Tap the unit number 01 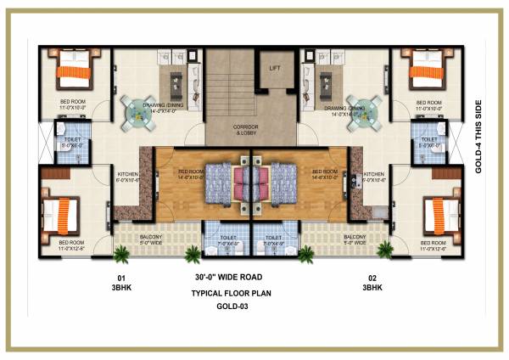click(x=120, y=278)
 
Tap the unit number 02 click(x=372, y=278)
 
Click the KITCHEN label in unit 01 click(x=128, y=176)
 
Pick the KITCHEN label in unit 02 click(x=374, y=176)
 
